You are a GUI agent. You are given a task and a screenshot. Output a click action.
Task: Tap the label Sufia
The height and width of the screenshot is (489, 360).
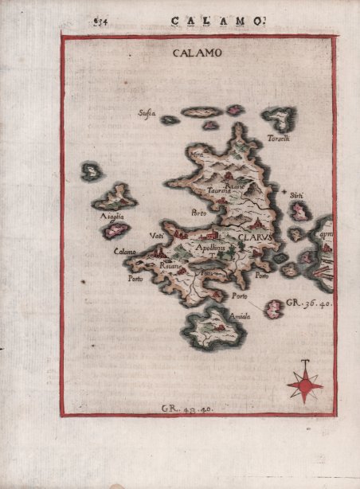click(147, 113)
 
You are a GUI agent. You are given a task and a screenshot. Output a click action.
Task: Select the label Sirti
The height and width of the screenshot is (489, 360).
click(297, 195)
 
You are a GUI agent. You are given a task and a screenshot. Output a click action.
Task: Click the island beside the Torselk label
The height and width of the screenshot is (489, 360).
click(280, 119)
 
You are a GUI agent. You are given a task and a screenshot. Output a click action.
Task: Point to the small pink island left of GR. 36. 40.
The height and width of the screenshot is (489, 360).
click(274, 307)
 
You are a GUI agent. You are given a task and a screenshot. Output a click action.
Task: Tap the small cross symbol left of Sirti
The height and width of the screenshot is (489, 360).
click(284, 192)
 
